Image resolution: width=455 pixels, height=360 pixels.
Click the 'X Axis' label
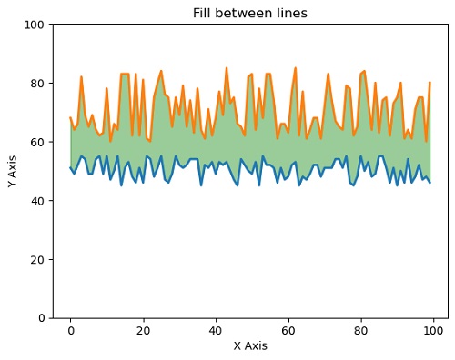tap(250, 346)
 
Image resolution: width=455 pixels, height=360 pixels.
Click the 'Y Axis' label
tap(13, 171)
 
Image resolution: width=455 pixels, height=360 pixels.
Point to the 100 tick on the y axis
tap(35, 25)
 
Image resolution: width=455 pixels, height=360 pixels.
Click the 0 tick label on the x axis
tap(70, 331)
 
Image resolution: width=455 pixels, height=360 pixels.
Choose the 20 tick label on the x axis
tap(143, 331)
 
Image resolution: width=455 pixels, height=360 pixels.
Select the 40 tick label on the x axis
tap(216, 331)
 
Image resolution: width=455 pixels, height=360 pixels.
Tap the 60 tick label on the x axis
tap(288, 331)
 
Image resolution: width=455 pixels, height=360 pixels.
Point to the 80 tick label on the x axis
tap(360, 331)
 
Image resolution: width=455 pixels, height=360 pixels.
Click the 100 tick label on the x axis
tap(433, 331)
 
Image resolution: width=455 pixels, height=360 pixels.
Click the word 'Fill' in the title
tap(203, 14)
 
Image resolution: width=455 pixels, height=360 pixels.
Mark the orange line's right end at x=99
tap(430, 84)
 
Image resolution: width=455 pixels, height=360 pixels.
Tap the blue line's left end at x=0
tap(70, 168)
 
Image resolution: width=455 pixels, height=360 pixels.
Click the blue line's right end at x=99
tap(430, 183)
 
